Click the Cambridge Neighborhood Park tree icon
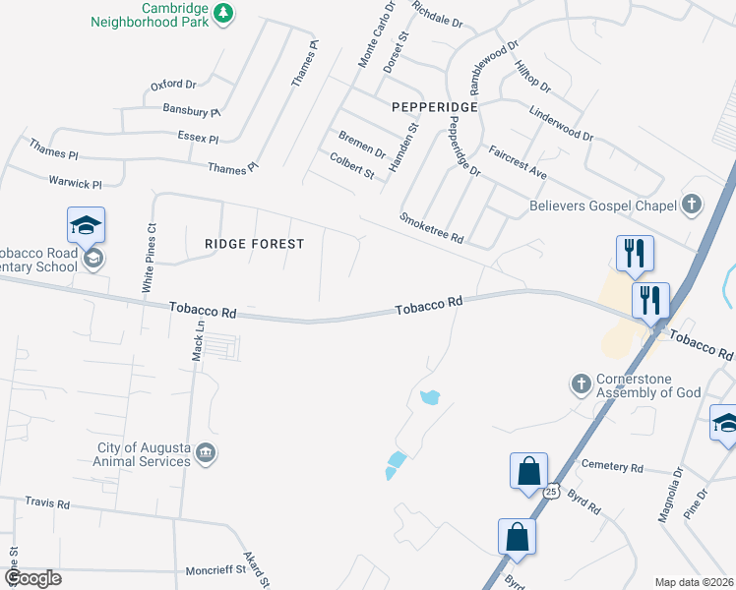pos(225,12)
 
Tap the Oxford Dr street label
pos(173,86)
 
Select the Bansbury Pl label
pos(192,110)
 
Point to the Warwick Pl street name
pos(75,183)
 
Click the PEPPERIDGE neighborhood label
pos(434,106)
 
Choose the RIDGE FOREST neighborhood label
pos(254,243)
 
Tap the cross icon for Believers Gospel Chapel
pos(692,205)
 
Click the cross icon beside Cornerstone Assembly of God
pos(582,382)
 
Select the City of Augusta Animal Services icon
pos(206,452)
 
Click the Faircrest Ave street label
pos(518,161)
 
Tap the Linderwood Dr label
pos(561,124)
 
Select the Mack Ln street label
pos(199,340)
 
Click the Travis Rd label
pos(47,503)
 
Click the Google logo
pos(32,577)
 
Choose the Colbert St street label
pos(352,165)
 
